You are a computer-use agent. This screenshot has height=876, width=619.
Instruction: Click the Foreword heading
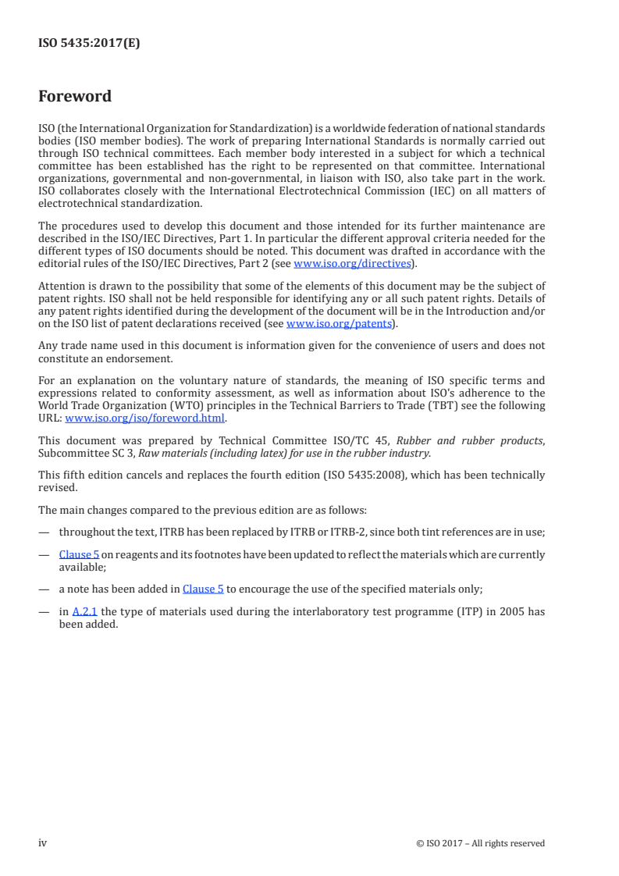click(75, 97)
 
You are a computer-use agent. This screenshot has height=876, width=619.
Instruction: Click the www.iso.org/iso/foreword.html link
click(144, 418)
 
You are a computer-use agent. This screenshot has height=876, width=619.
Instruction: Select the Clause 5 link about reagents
click(79, 554)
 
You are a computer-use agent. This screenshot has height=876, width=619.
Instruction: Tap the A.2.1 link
click(84, 611)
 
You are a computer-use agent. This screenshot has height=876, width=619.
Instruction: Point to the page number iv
click(44, 842)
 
